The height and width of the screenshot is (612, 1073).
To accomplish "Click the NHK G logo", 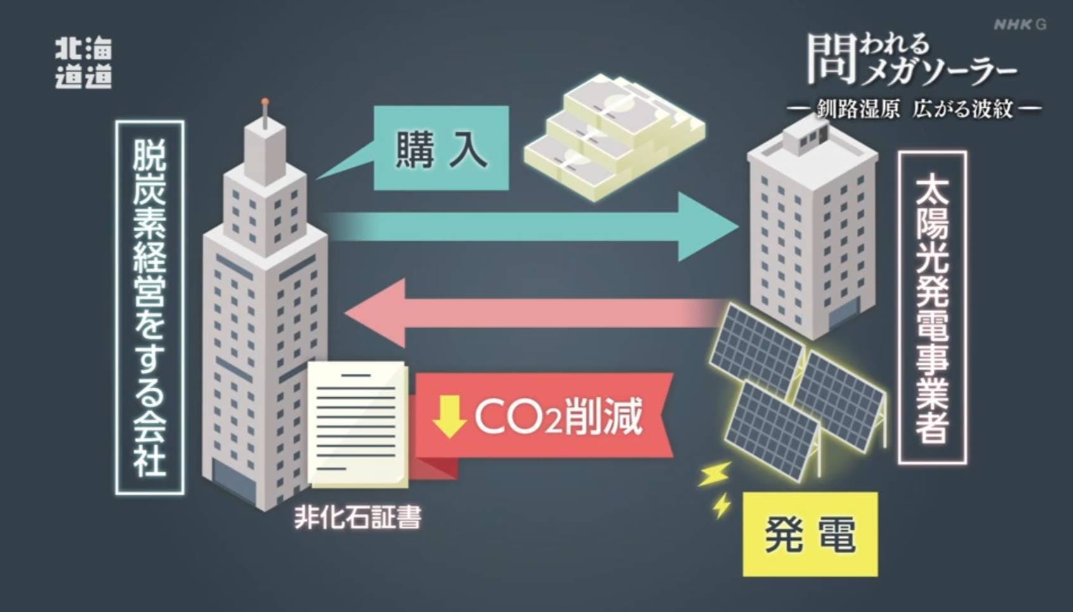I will tap(1019, 25).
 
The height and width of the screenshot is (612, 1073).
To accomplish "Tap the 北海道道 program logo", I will tap(83, 63).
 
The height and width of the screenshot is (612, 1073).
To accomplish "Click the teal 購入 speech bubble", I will tap(440, 148).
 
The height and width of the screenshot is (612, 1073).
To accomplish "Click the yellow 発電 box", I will tap(810, 534).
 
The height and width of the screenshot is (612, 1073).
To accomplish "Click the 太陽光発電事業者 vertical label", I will tap(932, 307).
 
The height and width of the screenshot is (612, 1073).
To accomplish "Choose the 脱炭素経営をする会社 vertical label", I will tap(150, 307).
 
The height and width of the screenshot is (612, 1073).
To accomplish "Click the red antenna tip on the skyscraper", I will tap(265, 101).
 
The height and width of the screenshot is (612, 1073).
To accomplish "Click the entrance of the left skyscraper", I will tap(233, 481).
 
